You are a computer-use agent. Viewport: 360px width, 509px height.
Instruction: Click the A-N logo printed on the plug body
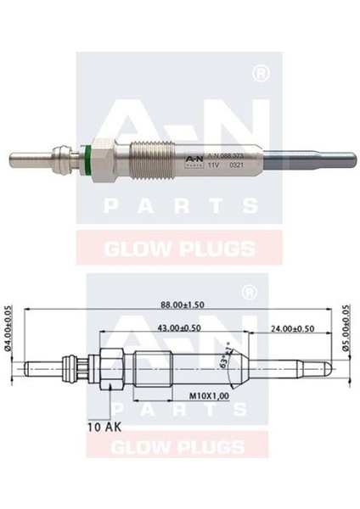coord(190,158)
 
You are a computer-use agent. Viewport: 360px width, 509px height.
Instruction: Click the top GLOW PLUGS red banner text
coord(179,249)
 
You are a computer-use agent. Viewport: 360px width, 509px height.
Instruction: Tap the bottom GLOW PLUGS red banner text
coord(179,445)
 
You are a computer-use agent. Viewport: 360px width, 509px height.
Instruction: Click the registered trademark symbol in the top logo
coord(262,75)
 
